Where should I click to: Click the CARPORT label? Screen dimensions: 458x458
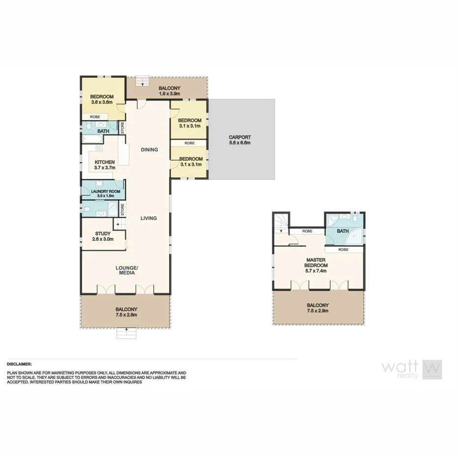(240, 137)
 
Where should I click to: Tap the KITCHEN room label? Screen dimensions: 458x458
(105, 162)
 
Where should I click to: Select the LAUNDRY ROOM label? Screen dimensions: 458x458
(102, 191)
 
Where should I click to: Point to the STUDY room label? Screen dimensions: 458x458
(103, 233)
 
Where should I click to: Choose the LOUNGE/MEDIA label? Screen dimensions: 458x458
(127, 270)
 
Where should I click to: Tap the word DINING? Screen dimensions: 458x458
(149, 149)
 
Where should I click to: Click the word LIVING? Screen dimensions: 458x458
(148, 218)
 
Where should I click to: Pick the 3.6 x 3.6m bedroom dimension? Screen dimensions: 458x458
(102, 102)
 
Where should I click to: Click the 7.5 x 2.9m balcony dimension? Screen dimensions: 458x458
(317, 311)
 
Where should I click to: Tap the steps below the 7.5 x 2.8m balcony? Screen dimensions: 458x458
(126, 334)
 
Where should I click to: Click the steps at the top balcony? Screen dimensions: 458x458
(143, 81)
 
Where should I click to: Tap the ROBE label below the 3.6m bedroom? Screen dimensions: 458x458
(95, 117)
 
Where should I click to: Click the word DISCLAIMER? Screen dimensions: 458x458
(19, 364)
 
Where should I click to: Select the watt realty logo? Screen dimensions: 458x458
(412, 370)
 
